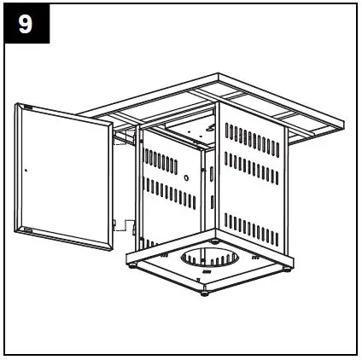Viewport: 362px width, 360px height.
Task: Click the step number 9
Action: pyautogui.click(x=26, y=24)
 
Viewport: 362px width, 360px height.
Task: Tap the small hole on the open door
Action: pyautogui.click(x=26, y=170)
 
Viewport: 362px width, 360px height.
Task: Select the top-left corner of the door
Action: pyautogui.click(x=19, y=106)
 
